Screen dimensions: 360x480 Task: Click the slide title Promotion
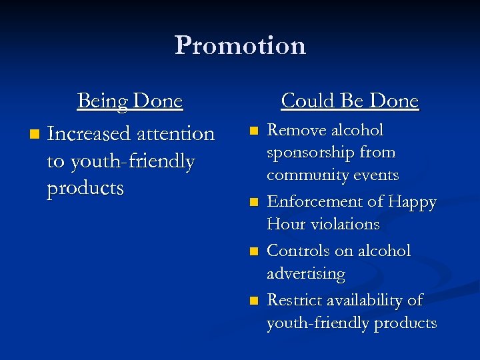(240, 45)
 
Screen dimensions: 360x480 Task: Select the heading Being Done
(130, 101)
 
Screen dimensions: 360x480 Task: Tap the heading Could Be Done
(349, 101)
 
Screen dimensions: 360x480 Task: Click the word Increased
(89, 133)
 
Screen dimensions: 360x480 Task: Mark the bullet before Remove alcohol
(251, 131)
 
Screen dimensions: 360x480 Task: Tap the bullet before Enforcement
(251, 203)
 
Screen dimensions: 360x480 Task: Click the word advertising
(306, 274)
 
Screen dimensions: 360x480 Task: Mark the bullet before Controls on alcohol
(251, 252)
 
